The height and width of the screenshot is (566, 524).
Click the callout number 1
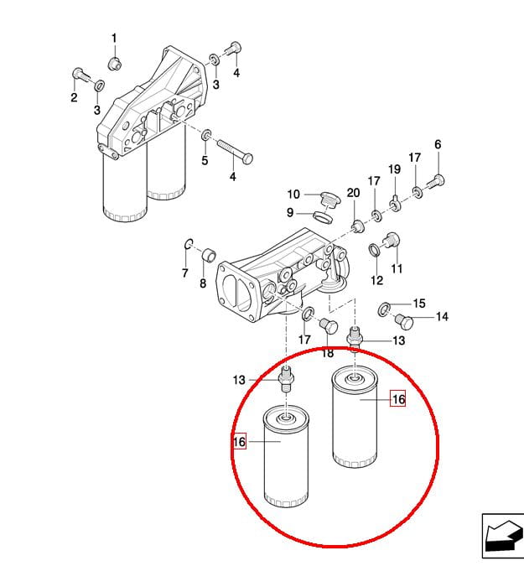click(x=114, y=39)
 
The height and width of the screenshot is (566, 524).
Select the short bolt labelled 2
click(x=82, y=75)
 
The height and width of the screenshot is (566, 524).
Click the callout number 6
click(x=438, y=144)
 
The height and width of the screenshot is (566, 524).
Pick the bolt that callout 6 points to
click(x=436, y=182)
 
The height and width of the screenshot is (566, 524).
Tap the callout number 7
click(x=184, y=273)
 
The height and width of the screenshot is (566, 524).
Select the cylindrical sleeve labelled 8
click(x=209, y=255)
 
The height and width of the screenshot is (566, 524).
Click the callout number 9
click(x=290, y=213)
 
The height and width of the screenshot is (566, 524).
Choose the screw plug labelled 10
click(x=329, y=200)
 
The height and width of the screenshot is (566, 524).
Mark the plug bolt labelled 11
click(x=392, y=241)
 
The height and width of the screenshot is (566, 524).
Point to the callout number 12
click(x=376, y=280)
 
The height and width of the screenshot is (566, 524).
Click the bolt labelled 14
click(x=405, y=321)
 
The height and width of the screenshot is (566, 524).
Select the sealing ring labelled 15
click(x=384, y=309)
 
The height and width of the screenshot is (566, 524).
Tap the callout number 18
click(x=327, y=353)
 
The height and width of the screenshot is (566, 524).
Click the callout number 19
click(x=394, y=169)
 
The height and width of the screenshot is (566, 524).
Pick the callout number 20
click(x=353, y=193)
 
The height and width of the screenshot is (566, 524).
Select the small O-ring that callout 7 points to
click(x=189, y=244)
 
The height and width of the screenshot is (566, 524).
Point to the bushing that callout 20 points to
click(x=356, y=226)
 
